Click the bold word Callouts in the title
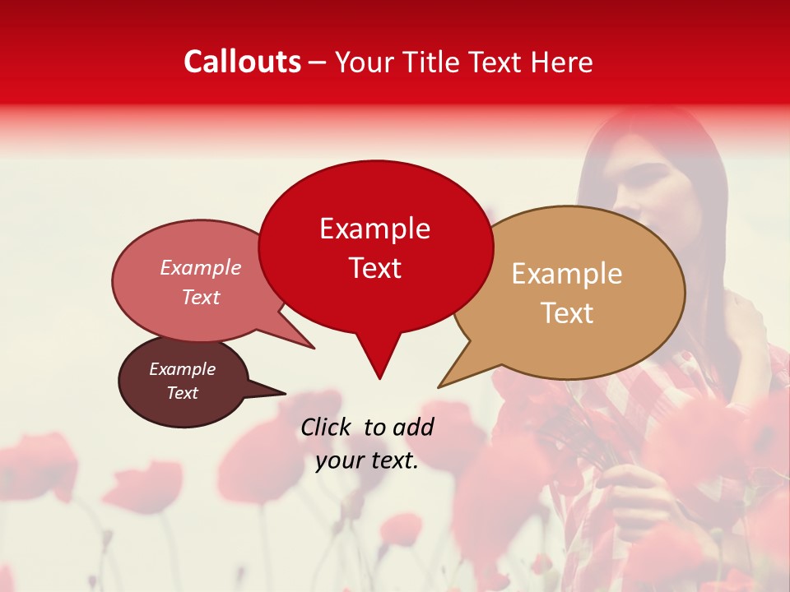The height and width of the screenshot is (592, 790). (242, 62)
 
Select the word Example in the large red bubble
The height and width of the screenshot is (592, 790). (374, 229)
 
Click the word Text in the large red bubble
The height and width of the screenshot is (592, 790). (374, 267)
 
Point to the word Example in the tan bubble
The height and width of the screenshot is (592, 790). (567, 274)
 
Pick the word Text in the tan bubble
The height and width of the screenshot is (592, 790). (567, 312)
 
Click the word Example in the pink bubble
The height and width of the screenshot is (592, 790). (201, 267)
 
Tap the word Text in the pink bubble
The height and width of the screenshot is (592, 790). (201, 297)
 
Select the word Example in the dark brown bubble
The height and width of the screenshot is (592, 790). (182, 369)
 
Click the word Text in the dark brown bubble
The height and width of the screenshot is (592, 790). (182, 393)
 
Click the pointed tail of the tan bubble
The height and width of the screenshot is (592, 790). (442, 385)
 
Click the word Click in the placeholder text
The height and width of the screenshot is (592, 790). (328, 427)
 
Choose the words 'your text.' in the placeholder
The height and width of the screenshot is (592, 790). (367, 460)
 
